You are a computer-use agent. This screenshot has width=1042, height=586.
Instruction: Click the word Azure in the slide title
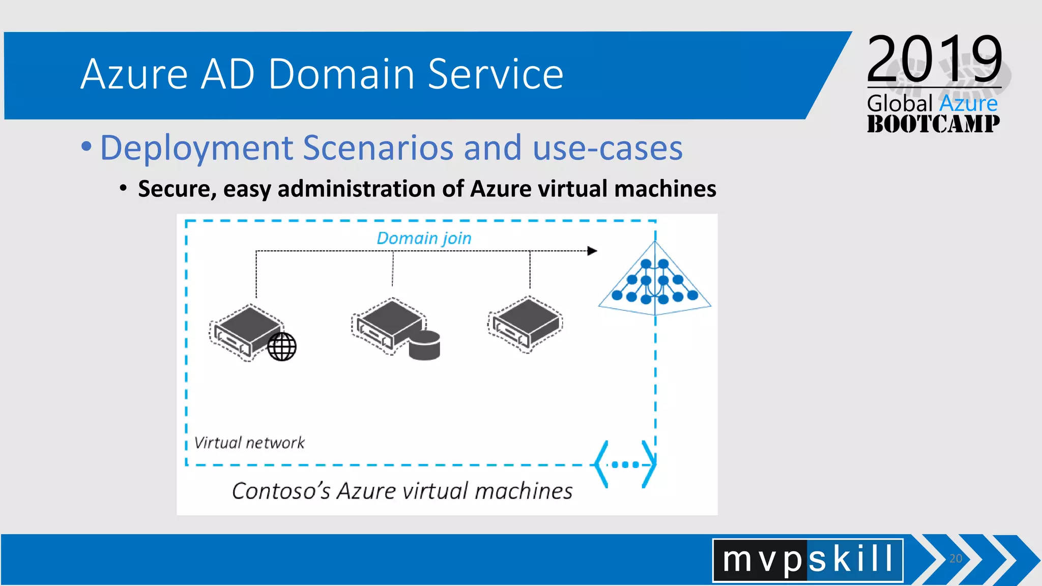click(x=134, y=74)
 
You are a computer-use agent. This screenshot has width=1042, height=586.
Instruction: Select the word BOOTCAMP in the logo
click(x=933, y=124)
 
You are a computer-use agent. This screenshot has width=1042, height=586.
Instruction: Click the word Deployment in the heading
click(x=196, y=148)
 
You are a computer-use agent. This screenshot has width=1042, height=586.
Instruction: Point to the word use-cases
click(x=607, y=148)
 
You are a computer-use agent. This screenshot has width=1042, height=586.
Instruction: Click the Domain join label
click(x=424, y=238)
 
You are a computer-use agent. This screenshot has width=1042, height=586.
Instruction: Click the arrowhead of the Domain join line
click(x=592, y=251)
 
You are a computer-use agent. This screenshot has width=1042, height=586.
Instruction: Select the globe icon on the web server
click(x=282, y=347)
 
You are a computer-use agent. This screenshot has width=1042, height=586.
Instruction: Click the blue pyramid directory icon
click(x=654, y=281)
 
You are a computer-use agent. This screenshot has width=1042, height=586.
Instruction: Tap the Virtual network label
click(x=249, y=443)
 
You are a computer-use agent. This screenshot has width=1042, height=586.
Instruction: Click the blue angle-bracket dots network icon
click(x=625, y=464)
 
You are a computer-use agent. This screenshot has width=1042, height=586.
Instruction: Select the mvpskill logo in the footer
click(x=807, y=560)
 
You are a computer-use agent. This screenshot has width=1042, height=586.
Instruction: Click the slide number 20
click(x=956, y=559)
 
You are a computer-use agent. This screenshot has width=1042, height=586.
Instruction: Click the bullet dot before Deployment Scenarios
click(x=86, y=147)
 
